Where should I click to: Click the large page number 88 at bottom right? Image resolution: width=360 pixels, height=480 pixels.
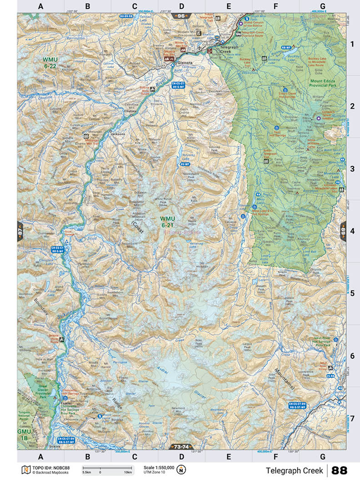coord(344,470)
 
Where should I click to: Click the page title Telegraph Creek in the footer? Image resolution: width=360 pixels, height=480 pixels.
coord(294,470)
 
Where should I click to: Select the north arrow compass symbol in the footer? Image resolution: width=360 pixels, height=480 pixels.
coord(182,470)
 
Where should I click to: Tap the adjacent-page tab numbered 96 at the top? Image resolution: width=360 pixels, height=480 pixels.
coord(181,16)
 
